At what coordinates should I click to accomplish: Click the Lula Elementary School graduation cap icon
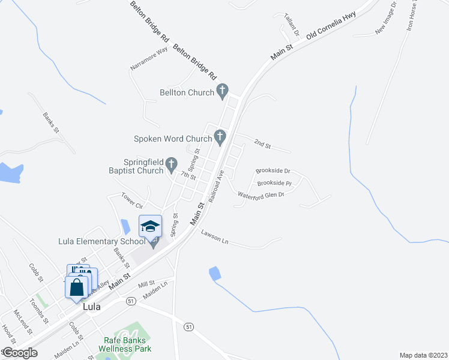point(150,226)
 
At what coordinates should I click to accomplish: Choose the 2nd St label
point(262,143)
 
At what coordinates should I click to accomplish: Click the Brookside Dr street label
point(273,171)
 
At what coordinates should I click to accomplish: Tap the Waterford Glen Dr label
point(261,194)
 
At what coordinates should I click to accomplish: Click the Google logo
point(20,353)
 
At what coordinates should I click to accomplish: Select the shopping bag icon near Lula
point(77,288)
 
